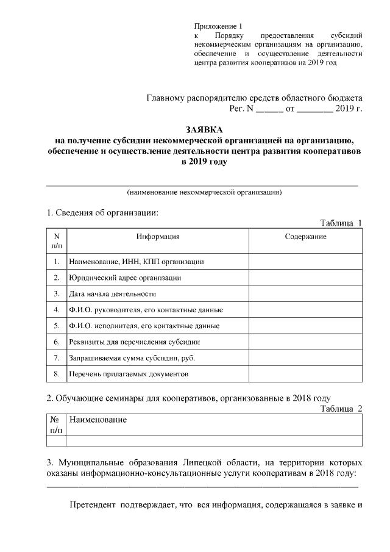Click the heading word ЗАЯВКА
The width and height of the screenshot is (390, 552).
tap(204, 129)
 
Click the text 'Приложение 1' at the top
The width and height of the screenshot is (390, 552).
tap(218, 26)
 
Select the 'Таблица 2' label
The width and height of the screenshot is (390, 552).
tap(341, 408)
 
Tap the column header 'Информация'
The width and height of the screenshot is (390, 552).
tap(158, 236)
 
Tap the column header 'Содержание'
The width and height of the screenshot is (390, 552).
tap(305, 236)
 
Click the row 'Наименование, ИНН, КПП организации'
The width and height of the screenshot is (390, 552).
tap(136, 262)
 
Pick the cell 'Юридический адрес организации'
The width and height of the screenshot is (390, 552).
tap(126, 278)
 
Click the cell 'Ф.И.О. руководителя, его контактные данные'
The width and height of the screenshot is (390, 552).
tap(146, 309)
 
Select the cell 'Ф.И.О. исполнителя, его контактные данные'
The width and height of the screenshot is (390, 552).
tap(144, 325)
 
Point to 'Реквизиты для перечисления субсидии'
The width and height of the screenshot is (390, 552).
tap(135, 341)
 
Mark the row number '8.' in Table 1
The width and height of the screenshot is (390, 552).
tap(56, 373)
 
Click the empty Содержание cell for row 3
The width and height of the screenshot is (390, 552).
tap(305, 293)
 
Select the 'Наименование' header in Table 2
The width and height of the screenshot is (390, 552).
tap(98, 420)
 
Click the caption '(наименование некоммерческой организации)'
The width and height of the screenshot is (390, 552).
tap(204, 192)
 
